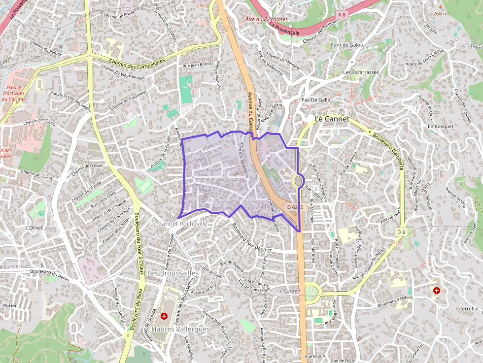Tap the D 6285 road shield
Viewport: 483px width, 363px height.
coord(295,208)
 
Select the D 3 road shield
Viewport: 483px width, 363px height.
coord(401,231)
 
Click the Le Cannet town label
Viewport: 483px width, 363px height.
coord(332,119)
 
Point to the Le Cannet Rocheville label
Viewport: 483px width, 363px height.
coord(179,223)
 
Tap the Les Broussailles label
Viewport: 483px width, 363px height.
coord(172,272)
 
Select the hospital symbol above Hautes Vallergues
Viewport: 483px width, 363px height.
coord(164,316)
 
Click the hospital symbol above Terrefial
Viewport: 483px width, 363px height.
coord(436,291)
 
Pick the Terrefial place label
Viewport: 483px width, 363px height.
coord(468,308)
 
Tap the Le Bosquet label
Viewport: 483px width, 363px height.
coord(440,126)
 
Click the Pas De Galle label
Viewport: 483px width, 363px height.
coord(315,99)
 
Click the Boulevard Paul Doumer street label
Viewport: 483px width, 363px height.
coord(256,236)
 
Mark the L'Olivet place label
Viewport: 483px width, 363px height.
coord(34,228)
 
